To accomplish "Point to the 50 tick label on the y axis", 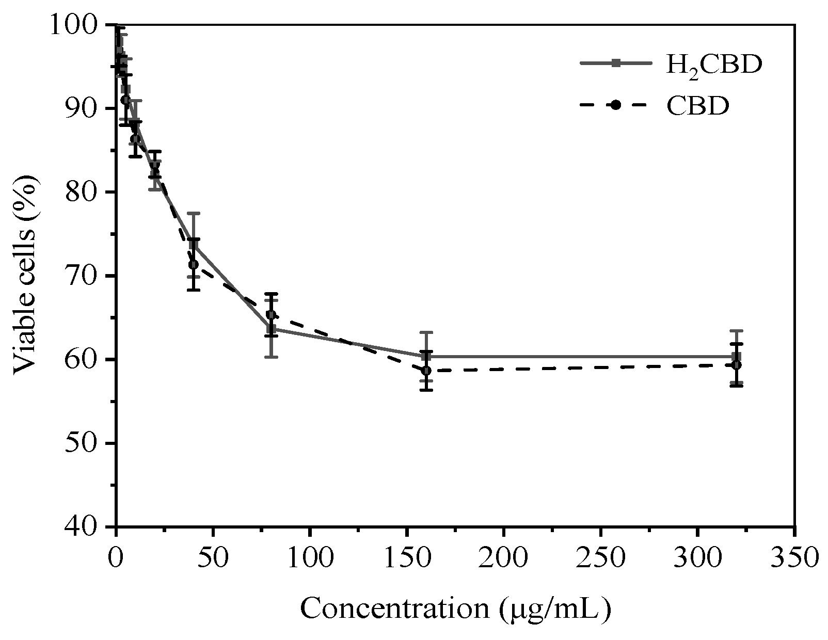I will [x=84, y=443].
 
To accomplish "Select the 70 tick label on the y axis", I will [x=84, y=276].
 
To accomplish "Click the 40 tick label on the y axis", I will [x=84, y=526].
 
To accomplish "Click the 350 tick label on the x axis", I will [x=794, y=558].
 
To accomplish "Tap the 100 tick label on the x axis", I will [x=310, y=558].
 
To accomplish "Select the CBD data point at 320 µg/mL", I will [x=737, y=365].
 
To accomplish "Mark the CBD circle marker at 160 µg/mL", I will [x=426, y=371].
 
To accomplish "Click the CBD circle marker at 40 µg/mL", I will [x=194, y=265].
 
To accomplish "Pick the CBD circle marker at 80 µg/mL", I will [x=271, y=315].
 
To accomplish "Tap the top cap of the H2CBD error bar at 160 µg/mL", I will [x=426, y=332].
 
